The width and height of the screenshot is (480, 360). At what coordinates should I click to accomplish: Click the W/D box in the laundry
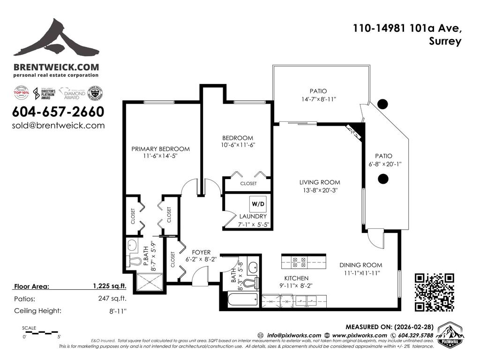pyautogui.click(x=258, y=204)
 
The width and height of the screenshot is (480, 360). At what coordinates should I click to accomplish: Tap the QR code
pyautogui.click(x=435, y=292)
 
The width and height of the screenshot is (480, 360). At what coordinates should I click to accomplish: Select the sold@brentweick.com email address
pyautogui.click(x=58, y=126)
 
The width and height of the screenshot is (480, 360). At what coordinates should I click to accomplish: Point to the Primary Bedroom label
pyautogui.click(x=160, y=149)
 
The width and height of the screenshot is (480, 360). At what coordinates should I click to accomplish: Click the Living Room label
pyautogui.click(x=320, y=182)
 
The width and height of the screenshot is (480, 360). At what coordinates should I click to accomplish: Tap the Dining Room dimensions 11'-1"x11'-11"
pyautogui.click(x=360, y=272)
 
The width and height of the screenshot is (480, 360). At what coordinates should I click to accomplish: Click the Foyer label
pyautogui.click(x=198, y=252)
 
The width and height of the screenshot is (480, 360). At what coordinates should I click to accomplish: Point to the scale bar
pyautogui.click(x=41, y=332)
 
